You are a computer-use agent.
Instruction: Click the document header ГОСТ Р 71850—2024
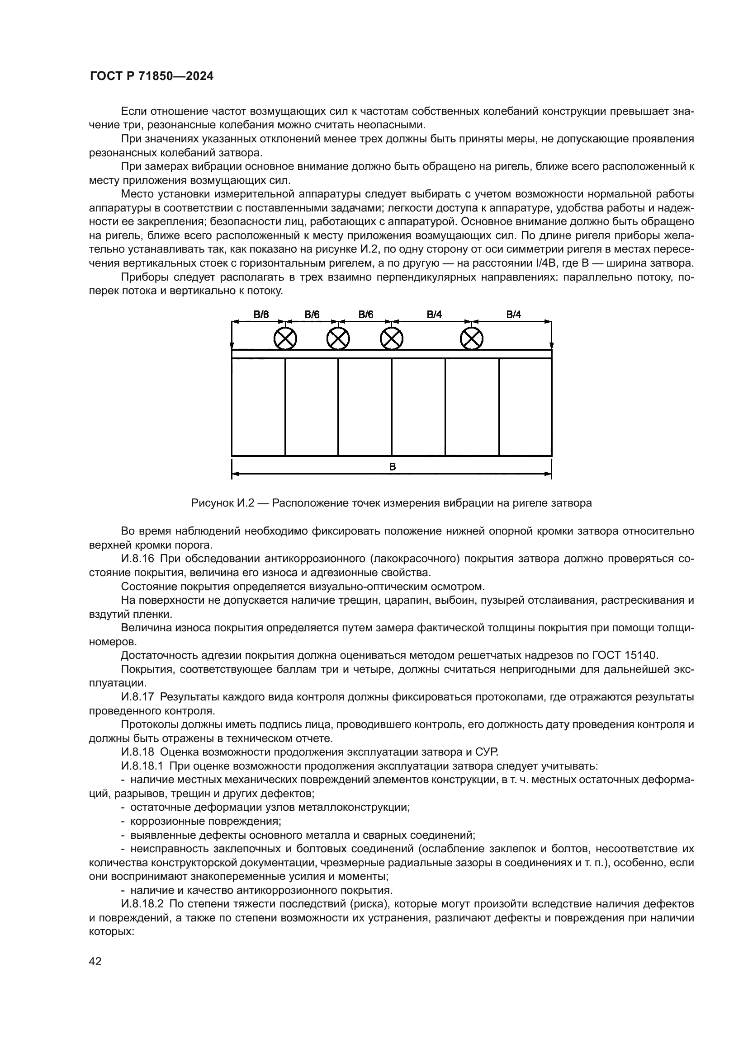151,76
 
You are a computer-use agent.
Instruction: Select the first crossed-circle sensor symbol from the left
285,339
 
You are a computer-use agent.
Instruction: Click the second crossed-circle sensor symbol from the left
338,339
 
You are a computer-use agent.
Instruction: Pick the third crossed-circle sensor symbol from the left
392,339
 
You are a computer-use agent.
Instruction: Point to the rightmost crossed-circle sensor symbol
472,339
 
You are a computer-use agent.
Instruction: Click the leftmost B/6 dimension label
260,315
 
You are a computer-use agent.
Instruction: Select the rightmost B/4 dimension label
514,315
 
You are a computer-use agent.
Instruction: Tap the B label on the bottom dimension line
393,467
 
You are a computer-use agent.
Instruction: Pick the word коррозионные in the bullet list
159,821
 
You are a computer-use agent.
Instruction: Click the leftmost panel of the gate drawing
258,407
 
